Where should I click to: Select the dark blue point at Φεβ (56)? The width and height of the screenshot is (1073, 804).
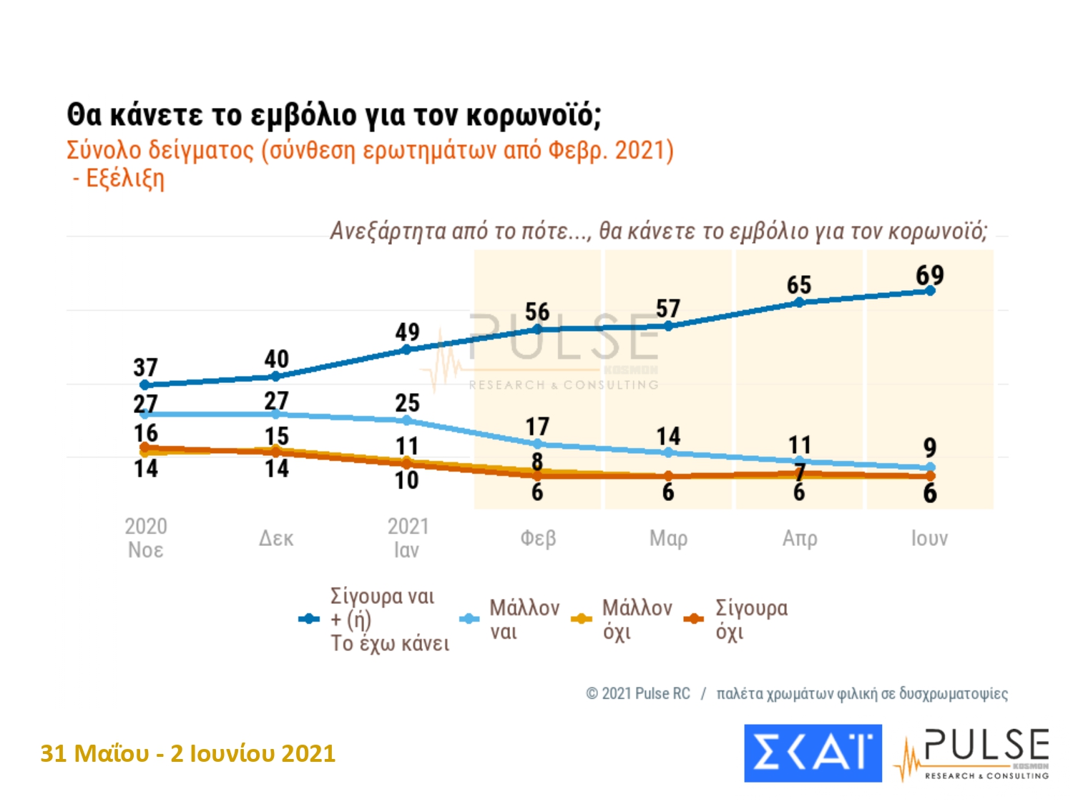click(538, 329)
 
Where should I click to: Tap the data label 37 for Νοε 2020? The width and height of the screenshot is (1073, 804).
click(145, 367)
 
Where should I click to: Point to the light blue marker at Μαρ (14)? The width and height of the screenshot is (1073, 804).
click(668, 452)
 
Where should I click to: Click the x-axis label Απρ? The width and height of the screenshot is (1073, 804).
click(799, 538)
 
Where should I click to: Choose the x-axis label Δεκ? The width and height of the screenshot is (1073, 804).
click(276, 538)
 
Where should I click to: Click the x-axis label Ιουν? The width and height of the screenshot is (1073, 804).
click(929, 538)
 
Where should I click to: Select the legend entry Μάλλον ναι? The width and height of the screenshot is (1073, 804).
click(524, 619)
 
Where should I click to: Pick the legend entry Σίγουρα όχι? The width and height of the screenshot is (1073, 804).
click(751, 619)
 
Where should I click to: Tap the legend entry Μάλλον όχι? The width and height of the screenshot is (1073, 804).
click(637, 619)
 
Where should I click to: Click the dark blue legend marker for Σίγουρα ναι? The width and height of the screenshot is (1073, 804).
click(309, 619)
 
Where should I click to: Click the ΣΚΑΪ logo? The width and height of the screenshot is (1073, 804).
click(813, 753)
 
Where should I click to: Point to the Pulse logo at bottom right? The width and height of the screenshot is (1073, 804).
click(973, 753)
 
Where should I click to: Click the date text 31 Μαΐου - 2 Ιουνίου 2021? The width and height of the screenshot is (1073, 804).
click(188, 753)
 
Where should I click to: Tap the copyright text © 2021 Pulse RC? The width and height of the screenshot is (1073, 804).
click(638, 693)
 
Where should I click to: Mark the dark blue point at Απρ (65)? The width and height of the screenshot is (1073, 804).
click(799, 302)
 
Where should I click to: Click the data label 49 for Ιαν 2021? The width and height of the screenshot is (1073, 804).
click(407, 332)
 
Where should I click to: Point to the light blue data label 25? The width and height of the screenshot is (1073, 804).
click(407, 402)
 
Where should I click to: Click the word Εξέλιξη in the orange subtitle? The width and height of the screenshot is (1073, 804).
click(124, 178)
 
